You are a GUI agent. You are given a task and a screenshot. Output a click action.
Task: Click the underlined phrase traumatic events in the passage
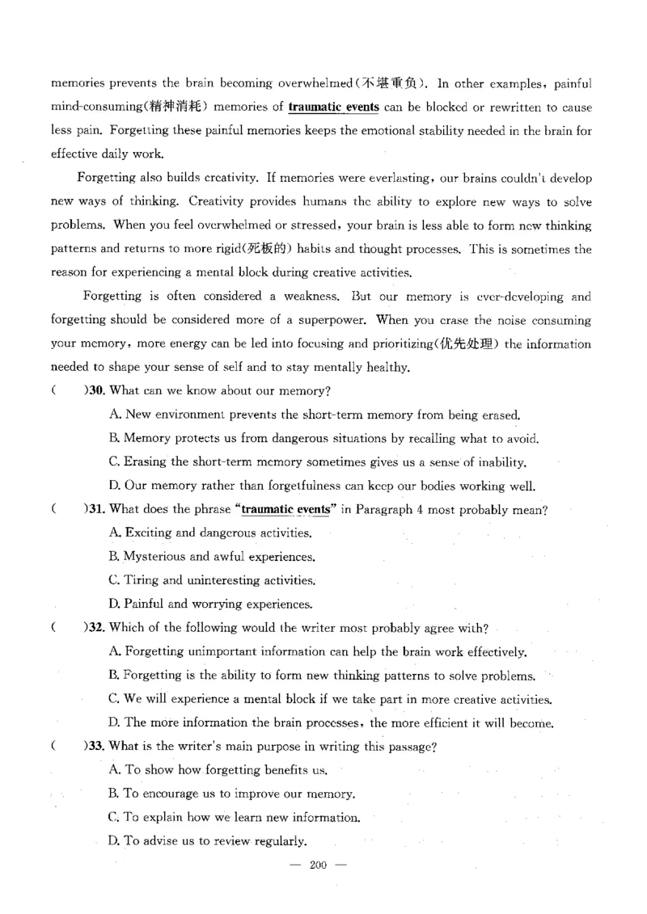click(333, 107)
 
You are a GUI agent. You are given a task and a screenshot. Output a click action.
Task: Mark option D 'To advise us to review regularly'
click(207, 841)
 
